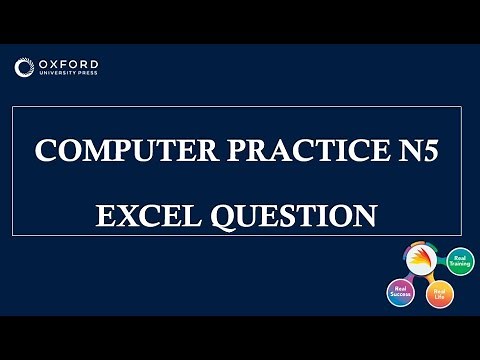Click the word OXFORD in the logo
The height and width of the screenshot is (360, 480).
(70, 65)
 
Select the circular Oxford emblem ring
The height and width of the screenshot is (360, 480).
(25, 68)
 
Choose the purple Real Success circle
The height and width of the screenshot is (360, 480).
(400, 292)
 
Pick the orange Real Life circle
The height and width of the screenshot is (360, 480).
(439, 294)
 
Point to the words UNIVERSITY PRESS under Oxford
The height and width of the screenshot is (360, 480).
(70, 75)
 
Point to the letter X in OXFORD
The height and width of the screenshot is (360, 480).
(54, 65)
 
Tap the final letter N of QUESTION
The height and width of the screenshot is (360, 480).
(365, 215)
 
